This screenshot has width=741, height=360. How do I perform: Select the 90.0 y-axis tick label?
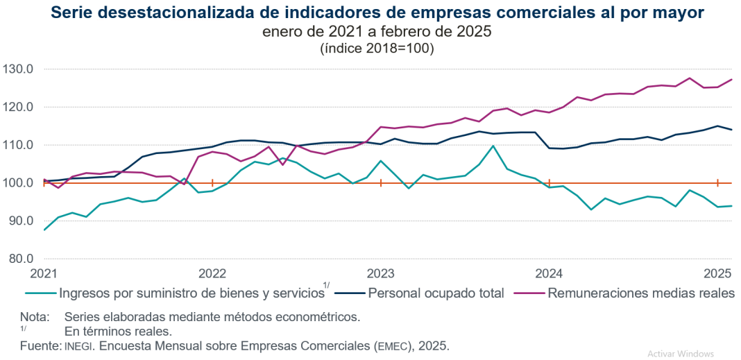point(21,221)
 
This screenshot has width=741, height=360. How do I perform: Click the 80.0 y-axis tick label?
point(21,259)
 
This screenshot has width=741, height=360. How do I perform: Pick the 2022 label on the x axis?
point(212,272)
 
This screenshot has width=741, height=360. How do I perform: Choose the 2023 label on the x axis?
point(381,272)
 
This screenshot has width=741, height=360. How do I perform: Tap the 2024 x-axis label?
point(550,272)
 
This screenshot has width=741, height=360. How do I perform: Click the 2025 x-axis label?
point(718,272)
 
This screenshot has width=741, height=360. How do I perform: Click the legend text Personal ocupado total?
point(436,293)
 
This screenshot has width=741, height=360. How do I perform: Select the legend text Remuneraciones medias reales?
point(641,293)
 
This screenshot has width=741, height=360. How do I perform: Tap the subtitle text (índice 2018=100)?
point(376,49)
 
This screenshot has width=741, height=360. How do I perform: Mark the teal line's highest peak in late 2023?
point(493,146)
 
